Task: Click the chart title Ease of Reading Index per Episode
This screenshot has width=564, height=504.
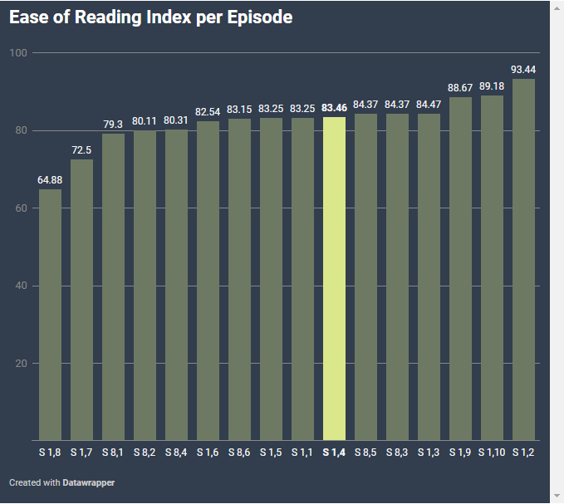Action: tap(151, 17)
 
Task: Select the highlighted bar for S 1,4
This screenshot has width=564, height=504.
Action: tap(334, 278)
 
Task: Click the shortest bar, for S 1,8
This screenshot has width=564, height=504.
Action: tap(50, 315)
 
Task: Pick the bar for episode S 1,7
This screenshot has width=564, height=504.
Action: tap(81, 300)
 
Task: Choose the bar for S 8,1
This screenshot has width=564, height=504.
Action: tap(113, 286)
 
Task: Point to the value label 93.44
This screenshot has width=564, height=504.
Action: tap(523, 69)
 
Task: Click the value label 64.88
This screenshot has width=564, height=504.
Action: tap(50, 179)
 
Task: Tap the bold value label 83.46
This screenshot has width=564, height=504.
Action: tap(334, 108)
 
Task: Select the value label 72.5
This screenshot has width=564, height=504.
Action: tap(81, 149)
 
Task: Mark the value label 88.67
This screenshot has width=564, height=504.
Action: tap(460, 87)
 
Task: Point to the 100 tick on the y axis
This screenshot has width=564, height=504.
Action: tap(18, 53)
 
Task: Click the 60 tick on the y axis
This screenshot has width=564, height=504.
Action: tap(18, 208)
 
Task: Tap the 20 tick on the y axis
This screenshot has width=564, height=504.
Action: tap(18, 364)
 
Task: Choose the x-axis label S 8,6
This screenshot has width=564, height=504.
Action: tap(239, 453)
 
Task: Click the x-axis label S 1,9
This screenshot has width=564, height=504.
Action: tap(460, 453)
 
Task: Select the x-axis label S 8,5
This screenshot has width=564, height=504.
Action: tap(365, 453)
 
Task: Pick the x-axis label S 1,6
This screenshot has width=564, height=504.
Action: tap(208, 453)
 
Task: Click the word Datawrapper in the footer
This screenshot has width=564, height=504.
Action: tap(89, 482)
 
